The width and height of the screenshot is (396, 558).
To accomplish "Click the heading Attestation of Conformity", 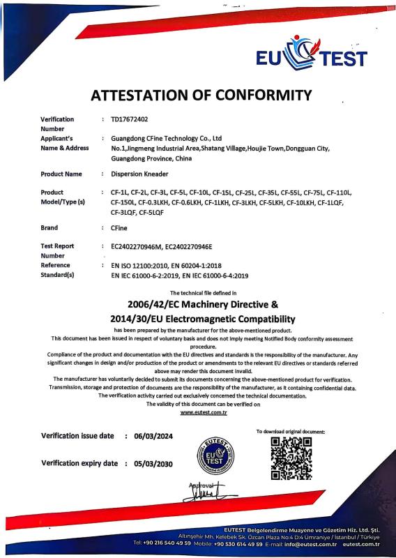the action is click(x=200, y=95).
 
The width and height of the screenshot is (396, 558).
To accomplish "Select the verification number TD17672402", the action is click(x=130, y=119).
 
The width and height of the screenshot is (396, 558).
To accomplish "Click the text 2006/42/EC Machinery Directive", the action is click(x=197, y=305).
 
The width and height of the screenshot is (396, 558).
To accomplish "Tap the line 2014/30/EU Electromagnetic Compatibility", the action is click(x=197, y=318).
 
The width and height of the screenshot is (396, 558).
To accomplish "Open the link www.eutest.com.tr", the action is click(x=197, y=413).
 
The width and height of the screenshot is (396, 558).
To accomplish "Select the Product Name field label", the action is click(x=61, y=174).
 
